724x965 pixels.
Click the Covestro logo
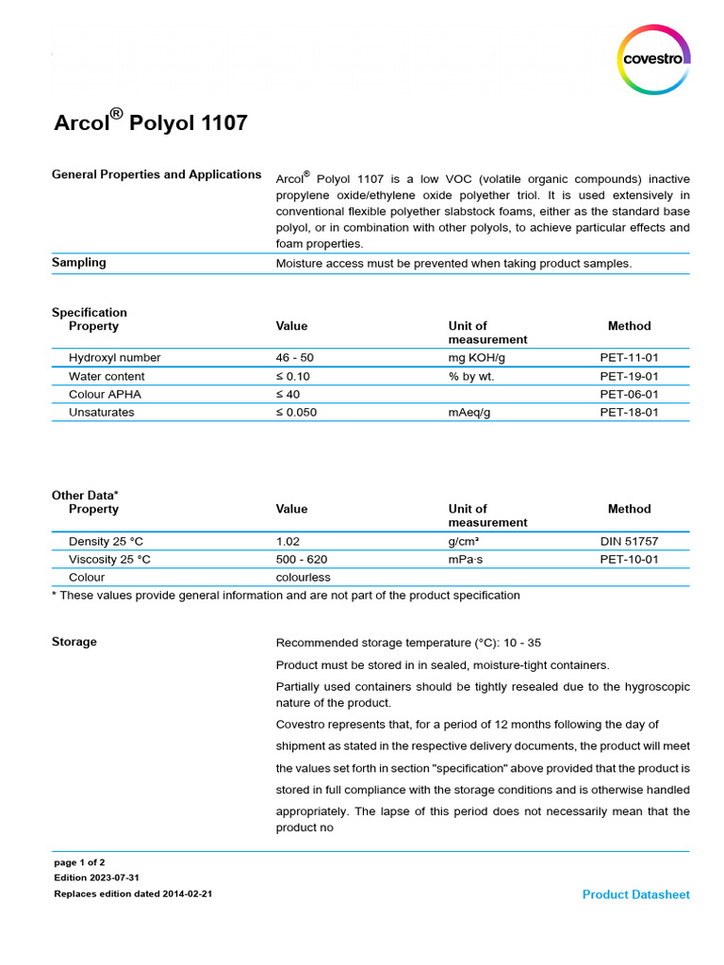coord(653,59)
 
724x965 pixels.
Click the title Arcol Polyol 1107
coord(150,123)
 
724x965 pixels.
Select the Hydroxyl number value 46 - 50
coord(296,358)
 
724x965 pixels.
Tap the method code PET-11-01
coord(629,358)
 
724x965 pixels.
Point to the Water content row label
coord(107,376)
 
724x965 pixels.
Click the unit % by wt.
coord(471,376)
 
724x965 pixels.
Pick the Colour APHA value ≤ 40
coord(288,394)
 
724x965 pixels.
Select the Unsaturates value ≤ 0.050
coord(296,412)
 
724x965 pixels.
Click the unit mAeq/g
coord(469,412)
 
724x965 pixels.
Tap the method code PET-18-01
coord(629,412)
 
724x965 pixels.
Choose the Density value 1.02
coord(288,541)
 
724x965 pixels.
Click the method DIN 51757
coord(629,541)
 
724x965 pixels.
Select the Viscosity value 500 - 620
coord(302,559)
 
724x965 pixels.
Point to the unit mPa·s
coord(471,559)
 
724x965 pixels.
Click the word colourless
coord(303,577)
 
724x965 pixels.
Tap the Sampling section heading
coord(78,263)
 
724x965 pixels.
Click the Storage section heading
coord(74,642)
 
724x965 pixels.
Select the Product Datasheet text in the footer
coord(635,894)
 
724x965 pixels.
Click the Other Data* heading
coord(85,495)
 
